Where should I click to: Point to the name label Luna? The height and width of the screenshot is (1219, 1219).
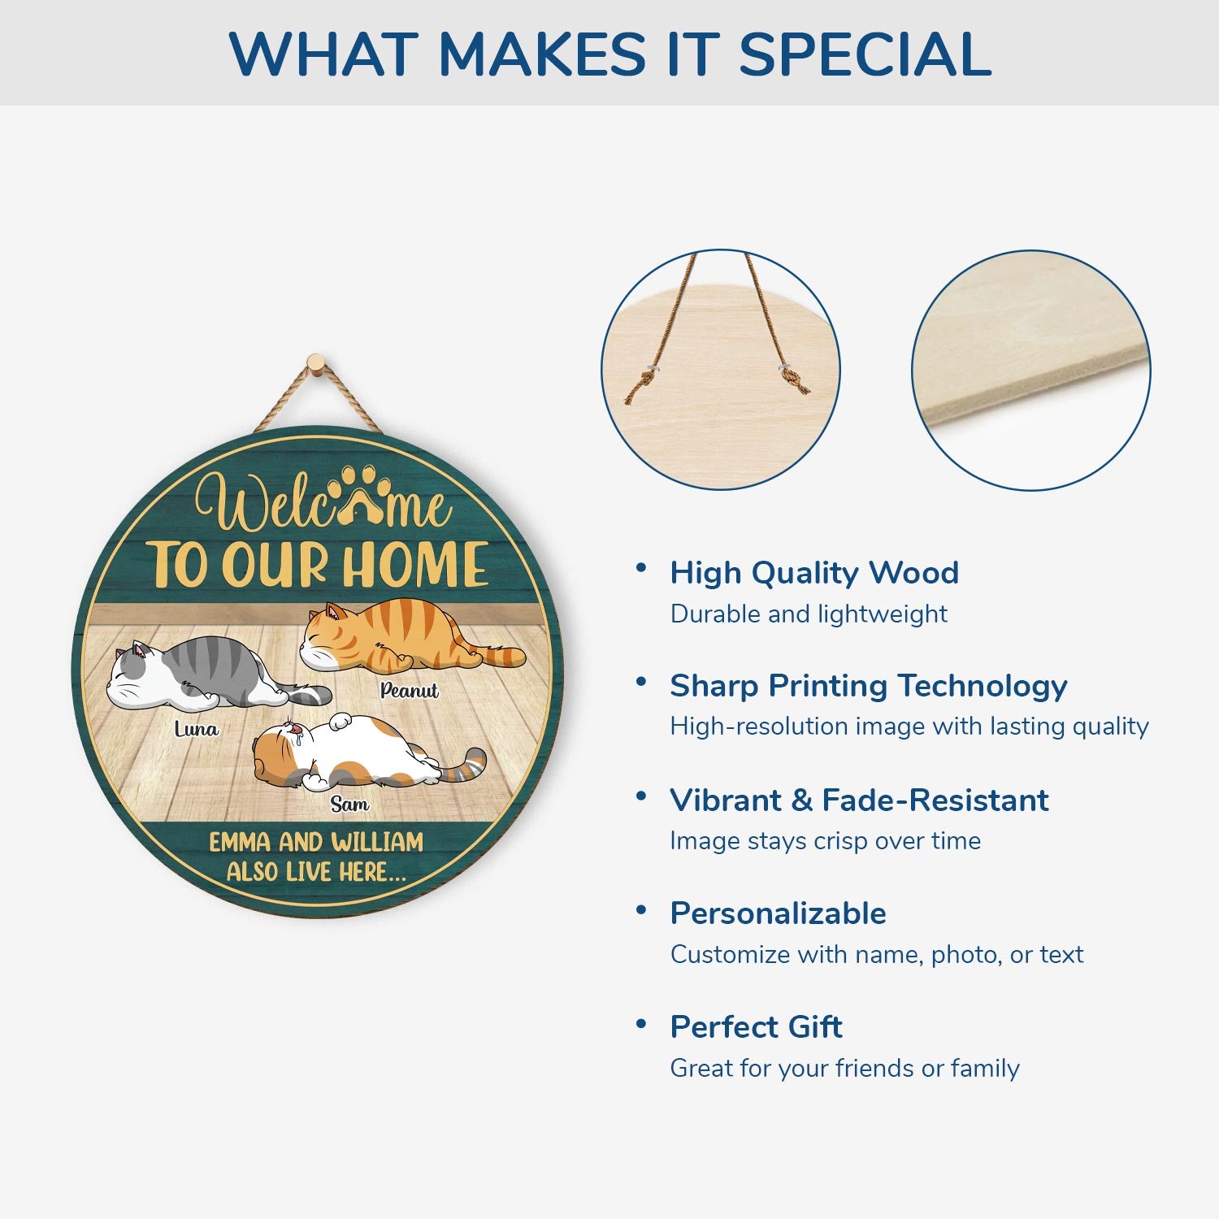197,729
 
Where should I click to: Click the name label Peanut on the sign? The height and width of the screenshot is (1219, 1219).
409,691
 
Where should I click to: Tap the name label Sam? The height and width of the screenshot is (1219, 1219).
349,805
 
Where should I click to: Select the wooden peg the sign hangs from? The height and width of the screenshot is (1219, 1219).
315,363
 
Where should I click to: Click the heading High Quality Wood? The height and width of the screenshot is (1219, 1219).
814,573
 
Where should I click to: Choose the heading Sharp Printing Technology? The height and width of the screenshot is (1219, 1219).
869,686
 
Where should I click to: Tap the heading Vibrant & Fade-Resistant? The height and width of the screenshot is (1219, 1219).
859,800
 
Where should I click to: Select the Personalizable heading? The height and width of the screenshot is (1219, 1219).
778,913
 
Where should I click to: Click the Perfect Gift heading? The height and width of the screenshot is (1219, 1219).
756,1027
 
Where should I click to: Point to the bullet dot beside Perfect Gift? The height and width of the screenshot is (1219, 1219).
641,1023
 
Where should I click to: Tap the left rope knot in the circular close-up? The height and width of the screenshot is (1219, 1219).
642,382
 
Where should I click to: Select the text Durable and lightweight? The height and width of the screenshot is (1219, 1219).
809,614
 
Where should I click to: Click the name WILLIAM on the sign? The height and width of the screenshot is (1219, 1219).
377,842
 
